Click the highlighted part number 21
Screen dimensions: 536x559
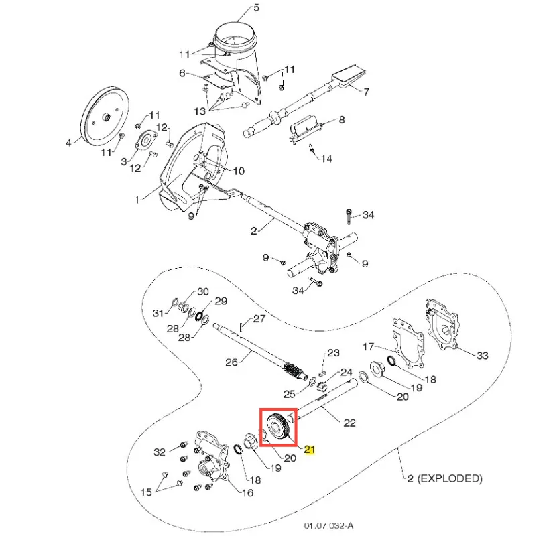click(310, 449)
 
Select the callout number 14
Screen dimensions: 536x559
click(326, 159)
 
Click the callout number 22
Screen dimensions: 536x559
click(349, 423)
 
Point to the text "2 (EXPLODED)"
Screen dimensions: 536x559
click(444, 478)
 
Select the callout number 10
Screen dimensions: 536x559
click(238, 171)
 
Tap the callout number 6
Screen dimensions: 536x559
click(182, 73)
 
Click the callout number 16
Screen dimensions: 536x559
click(247, 493)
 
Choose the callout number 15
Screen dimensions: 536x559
click(145, 492)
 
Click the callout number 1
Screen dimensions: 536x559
click(137, 200)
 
